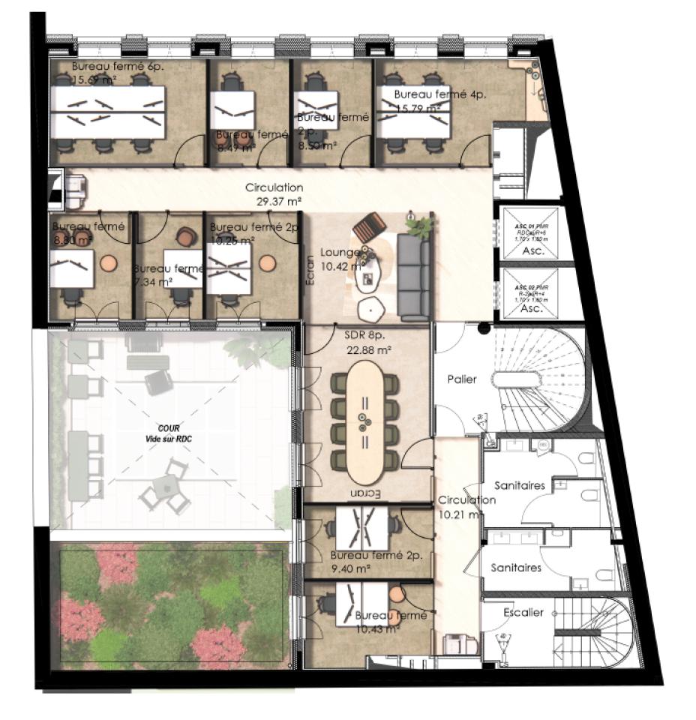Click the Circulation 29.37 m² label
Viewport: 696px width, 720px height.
pos(274,194)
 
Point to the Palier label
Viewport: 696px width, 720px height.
pos(462,379)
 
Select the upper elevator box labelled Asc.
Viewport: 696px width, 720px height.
pos(532,231)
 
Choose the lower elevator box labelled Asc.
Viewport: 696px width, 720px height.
pos(532,293)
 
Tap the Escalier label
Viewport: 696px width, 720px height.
pos(523,613)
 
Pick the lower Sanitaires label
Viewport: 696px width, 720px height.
pos(516,568)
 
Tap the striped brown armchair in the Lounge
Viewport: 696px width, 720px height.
pos(369,226)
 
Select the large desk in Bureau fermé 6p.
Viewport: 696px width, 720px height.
pos(108,112)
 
